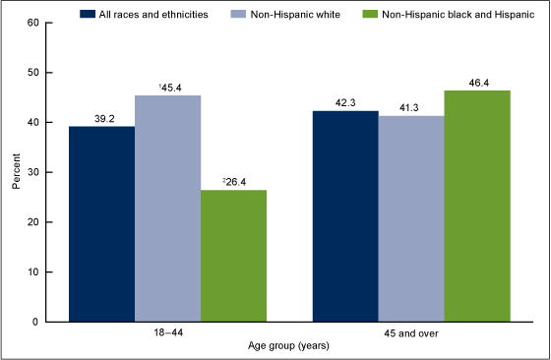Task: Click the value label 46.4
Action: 477,82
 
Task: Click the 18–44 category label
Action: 167,333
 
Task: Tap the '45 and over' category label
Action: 411,333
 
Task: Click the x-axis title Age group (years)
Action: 289,347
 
